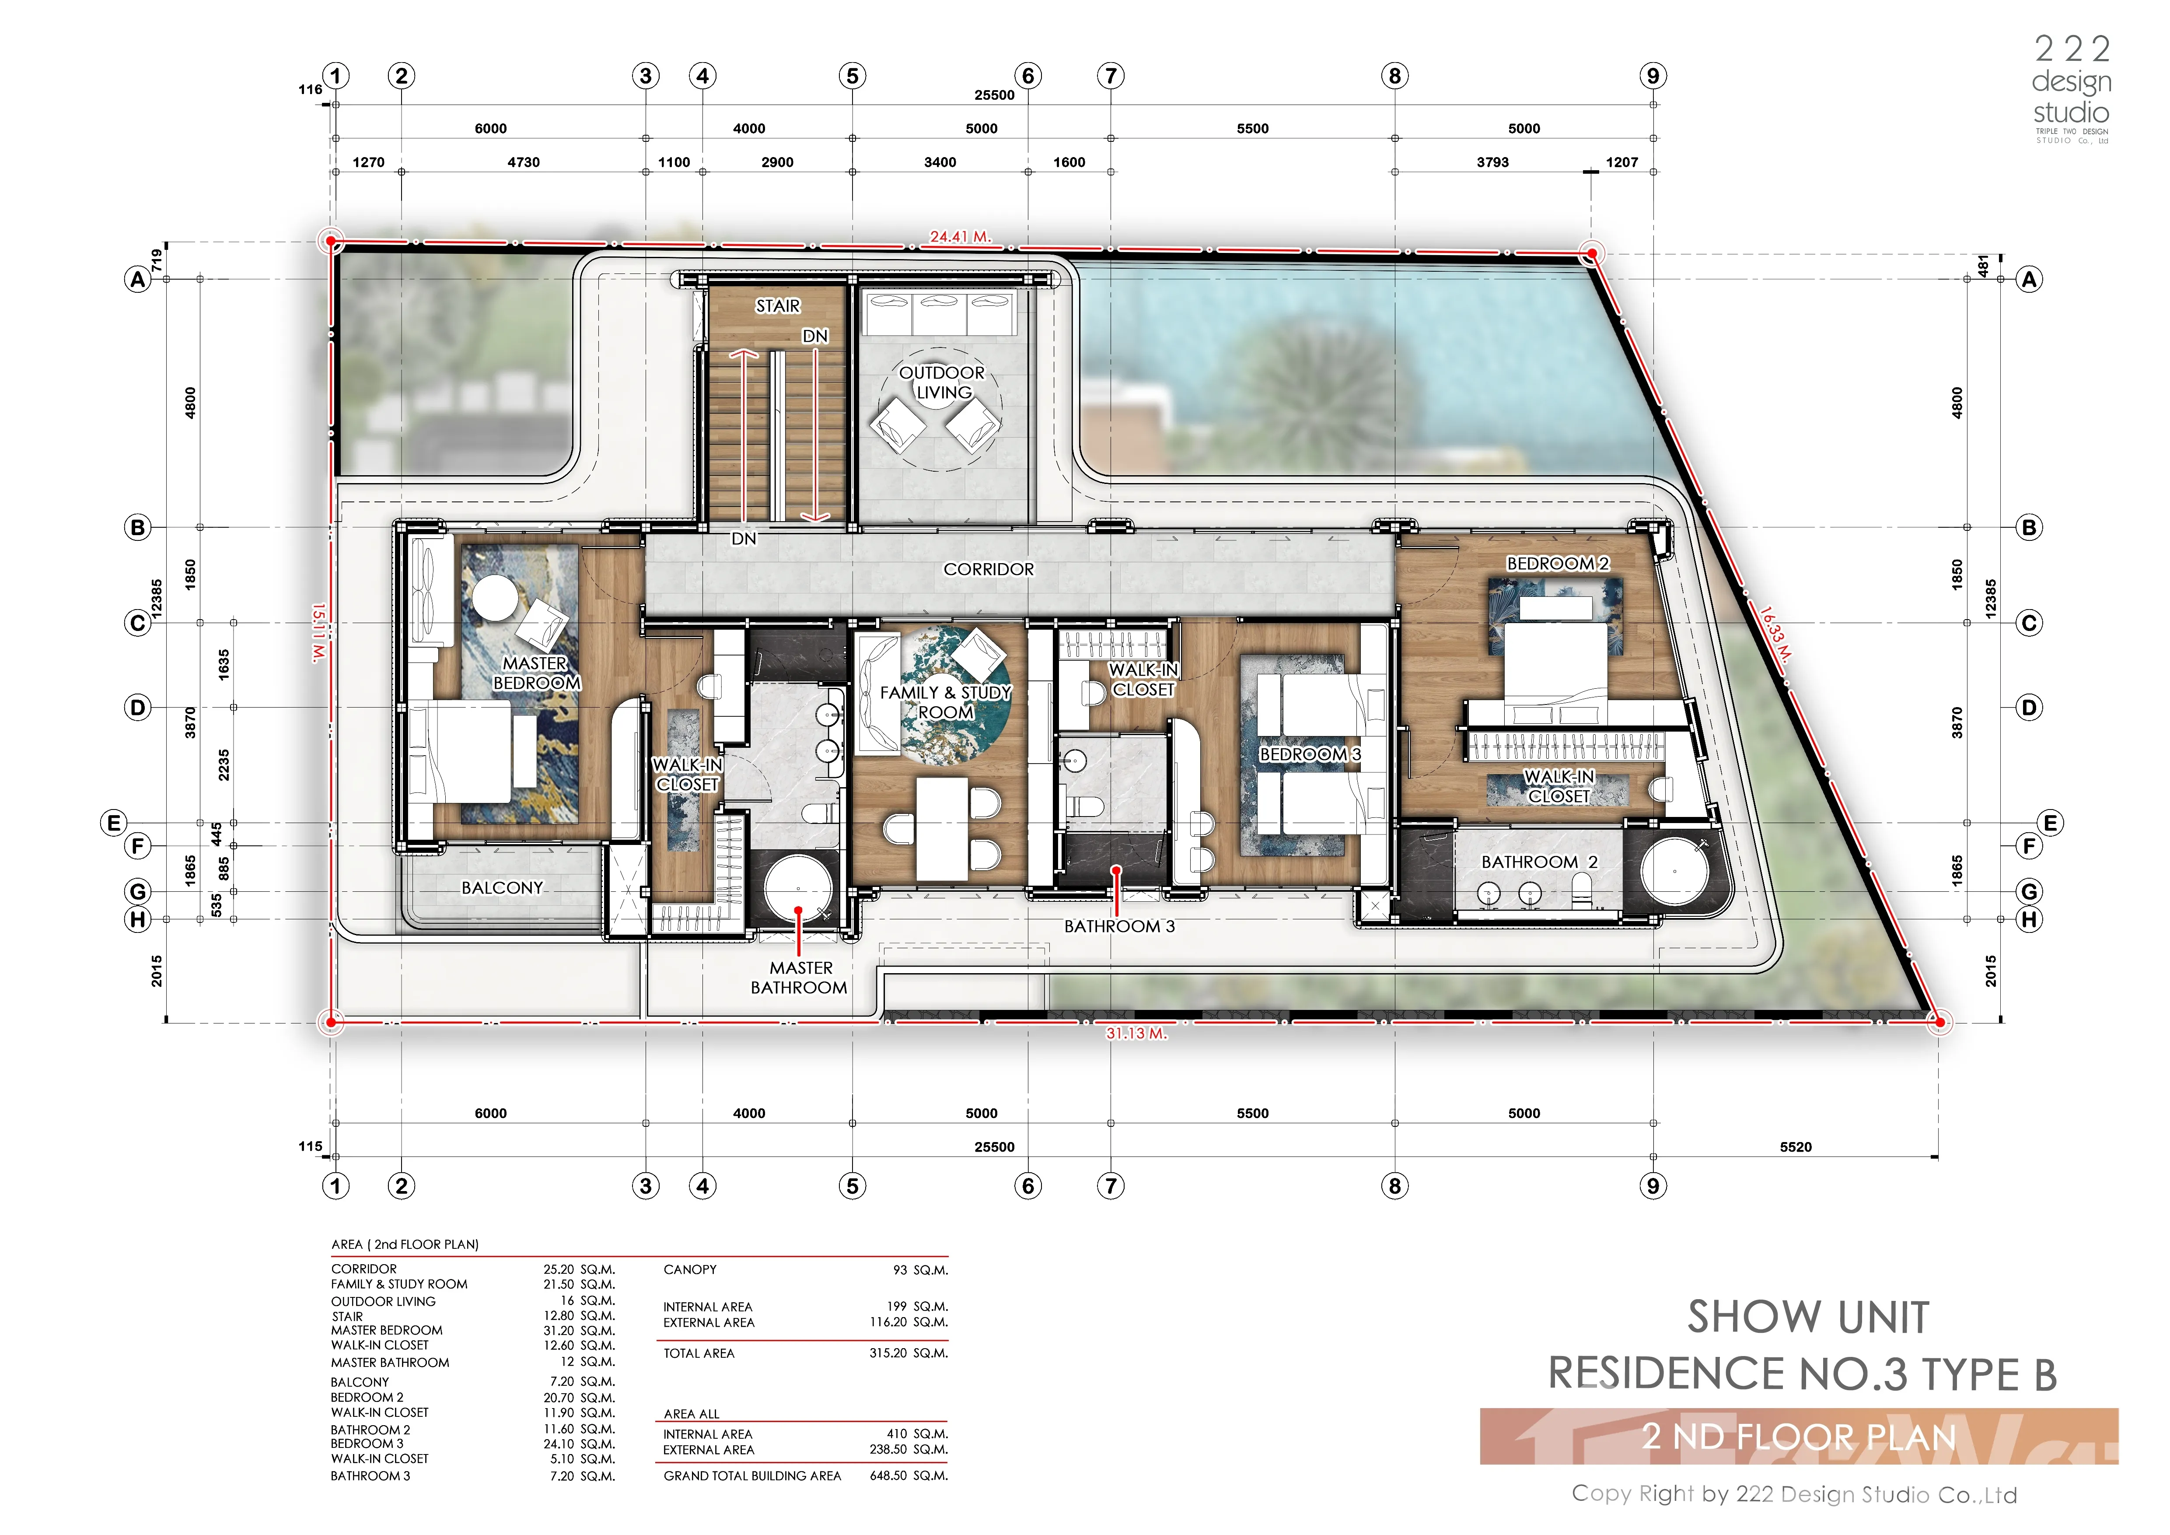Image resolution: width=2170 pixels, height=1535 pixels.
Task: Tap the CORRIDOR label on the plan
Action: pos(989,569)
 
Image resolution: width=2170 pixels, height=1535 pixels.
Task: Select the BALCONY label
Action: pos(502,887)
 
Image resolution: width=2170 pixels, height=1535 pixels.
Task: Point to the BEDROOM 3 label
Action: pos(1310,754)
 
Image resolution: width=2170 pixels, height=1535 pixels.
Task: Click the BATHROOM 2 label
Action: pos(1539,862)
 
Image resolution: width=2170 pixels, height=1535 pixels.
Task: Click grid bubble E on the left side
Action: pos(113,822)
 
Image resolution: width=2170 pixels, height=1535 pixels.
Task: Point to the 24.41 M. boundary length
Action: pos(960,236)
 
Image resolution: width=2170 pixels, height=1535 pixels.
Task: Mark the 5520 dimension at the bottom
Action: pos(1796,1146)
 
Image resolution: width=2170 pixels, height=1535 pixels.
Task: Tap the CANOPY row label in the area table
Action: pos(690,1269)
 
